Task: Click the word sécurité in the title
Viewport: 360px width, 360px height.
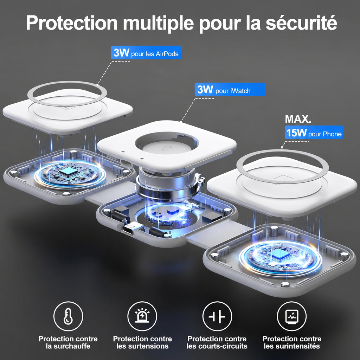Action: point(301,22)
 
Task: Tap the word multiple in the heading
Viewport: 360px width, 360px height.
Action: point(158,23)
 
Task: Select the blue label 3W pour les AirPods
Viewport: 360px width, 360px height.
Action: point(146,53)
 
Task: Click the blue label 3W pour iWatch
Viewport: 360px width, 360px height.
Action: point(230,89)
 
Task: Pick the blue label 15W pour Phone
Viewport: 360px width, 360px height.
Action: point(314,132)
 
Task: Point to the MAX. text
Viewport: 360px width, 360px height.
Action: point(298,119)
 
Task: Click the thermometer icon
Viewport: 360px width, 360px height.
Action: point(68,316)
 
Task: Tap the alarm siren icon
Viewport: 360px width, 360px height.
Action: point(142,316)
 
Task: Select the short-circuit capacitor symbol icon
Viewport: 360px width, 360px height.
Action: point(217,316)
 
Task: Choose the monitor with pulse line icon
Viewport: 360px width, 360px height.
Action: point(292,316)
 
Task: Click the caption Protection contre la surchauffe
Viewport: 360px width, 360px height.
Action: point(68,342)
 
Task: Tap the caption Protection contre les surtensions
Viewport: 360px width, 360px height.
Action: point(142,342)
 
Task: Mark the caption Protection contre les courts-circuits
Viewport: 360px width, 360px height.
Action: point(217,342)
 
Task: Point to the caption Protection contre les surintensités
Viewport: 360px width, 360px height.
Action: point(292,342)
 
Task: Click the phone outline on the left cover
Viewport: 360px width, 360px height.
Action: point(67,107)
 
